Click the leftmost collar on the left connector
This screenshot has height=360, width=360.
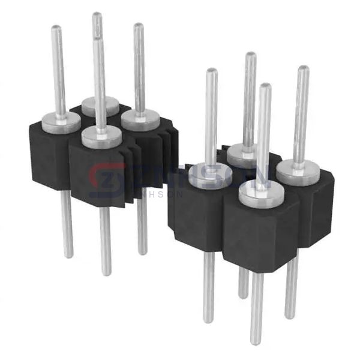pyautogui.click(x=61, y=124)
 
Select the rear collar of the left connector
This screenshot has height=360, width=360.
pyautogui.click(x=100, y=106)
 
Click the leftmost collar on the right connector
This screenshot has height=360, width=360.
pyautogui.click(x=211, y=176)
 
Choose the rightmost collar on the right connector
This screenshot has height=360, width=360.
pyautogui.click(x=298, y=172)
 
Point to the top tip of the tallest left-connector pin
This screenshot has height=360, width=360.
pyautogui.click(x=97, y=14)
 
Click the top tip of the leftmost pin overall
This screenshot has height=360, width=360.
pyautogui.click(x=56, y=28)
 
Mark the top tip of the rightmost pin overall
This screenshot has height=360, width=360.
pyautogui.click(x=304, y=68)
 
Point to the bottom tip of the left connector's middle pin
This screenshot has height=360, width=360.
pyautogui.click(x=106, y=274)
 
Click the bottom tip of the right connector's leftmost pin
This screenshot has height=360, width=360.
pyautogui.click(x=208, y=321)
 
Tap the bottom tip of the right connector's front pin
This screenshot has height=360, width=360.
pyautogui.click(x=256, y=343)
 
